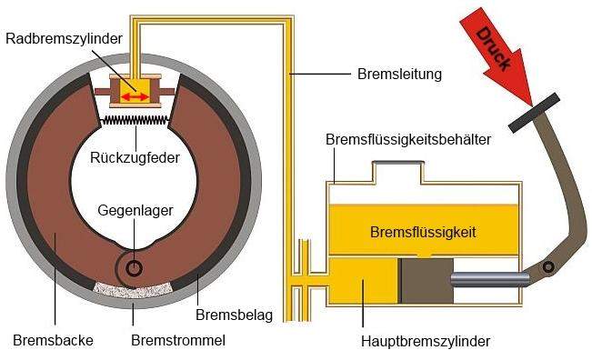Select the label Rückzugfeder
click(134, 157)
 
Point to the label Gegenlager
click(135, 211)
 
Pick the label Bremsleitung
click(399, 74)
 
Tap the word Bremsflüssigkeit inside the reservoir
click(423, 232)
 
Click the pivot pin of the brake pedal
click(548, 267)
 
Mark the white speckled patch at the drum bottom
click(134, 288)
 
